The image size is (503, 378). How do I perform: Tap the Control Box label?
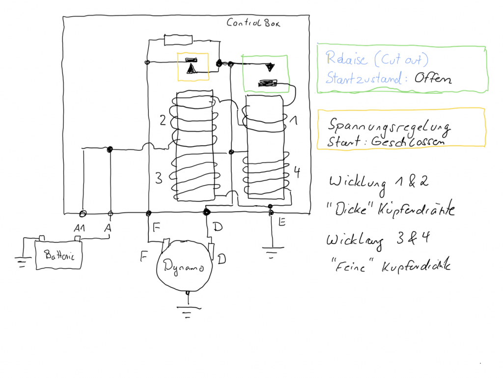click(253, 22)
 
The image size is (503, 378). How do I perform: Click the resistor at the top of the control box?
click(178, 39)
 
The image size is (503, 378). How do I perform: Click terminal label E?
click(281, 222)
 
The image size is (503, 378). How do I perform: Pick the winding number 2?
click(163, 120)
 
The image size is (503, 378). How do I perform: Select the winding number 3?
click(158, 178)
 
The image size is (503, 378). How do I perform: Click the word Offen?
click(432, 78)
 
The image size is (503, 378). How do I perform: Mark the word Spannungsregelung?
click(389, 127)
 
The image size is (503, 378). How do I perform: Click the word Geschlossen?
click(408, 141)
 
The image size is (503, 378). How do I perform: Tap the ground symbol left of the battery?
click(21, 263)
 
